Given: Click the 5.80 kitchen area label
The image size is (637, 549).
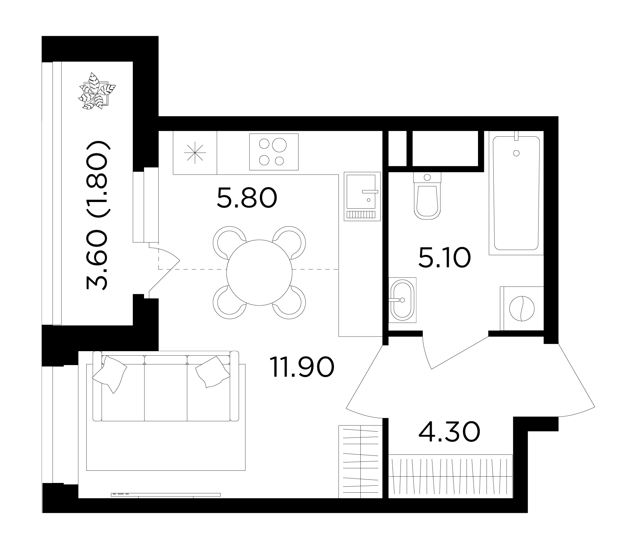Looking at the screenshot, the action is [x=247, y=197].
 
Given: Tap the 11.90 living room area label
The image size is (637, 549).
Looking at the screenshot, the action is [x=302, y=368].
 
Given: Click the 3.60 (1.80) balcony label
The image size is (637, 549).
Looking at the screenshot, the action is [x=96, y=216].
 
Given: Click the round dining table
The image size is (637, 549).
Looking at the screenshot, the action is [x=259, y=272].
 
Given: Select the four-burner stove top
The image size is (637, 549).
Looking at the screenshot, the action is [x=274, y=152].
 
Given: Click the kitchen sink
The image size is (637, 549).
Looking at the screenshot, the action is [x=362, y=196].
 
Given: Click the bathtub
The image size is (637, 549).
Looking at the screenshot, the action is [x=516, y=193].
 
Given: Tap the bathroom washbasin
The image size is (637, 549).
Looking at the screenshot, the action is [x=402, y=300].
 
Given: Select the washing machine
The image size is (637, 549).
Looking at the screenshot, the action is [x=521, y=308].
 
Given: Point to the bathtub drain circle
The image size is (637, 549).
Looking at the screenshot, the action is [x=516, y=153].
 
